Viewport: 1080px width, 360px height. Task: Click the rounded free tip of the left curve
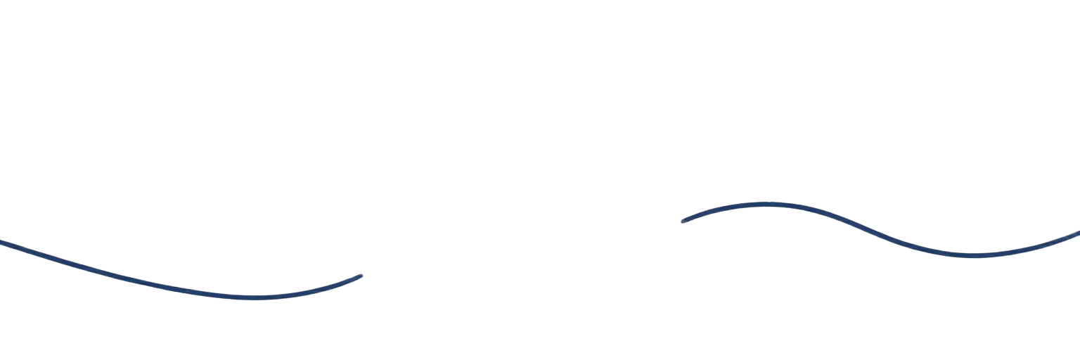361,276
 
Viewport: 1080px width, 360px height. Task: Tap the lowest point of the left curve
255,298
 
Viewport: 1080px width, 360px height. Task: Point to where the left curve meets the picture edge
1,242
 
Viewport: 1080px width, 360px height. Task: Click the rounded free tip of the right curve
683,221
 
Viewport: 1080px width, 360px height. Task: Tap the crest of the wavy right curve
766,205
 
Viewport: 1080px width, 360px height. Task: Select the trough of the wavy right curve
974,256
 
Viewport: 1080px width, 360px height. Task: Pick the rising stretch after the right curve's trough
1034,247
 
